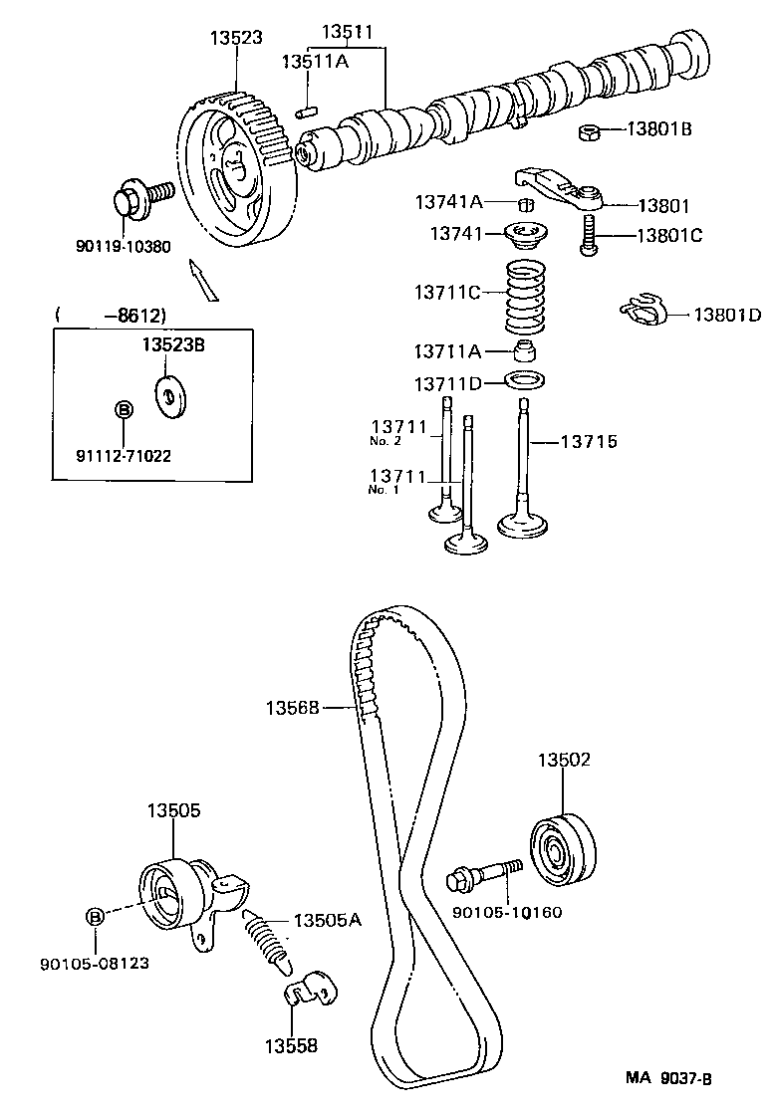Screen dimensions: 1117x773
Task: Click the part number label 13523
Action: (x=236, y=38)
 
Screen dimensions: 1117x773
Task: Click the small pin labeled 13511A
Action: (x=309, y=103)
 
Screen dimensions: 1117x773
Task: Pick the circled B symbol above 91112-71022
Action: (x=124, y=409)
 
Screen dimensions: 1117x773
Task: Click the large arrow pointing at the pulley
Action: (x=203, y=278)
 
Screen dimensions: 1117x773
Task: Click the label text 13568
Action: (x=292, y=708)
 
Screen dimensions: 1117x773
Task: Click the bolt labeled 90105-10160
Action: (x=484, y=875)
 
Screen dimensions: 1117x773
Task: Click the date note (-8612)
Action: (x=112, y=316)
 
